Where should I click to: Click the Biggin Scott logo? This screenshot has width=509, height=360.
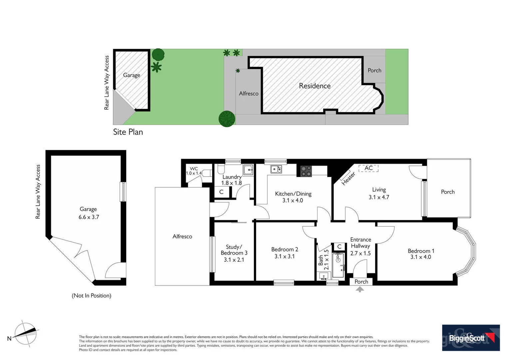pos(471,338)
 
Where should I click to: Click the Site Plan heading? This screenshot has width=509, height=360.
pos(128,132)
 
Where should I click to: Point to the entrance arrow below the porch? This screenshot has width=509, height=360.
pos(360,290)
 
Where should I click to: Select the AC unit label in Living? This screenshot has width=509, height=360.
pos(368,168)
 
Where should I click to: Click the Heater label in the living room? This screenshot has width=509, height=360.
pos(348,179)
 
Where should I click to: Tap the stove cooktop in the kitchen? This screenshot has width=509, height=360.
pos(306,171)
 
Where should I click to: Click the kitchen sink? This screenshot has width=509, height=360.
pos(276,169)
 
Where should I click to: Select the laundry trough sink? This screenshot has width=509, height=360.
pos(248,170)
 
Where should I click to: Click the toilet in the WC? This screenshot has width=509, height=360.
pos(207,173)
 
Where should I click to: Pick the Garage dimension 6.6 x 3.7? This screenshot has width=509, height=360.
pos(89,217)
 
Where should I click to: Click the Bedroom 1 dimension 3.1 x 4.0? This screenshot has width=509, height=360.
pos(420,257)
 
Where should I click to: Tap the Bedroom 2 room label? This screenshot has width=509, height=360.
pos(284,249)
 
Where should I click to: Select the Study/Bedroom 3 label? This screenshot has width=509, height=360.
pos(234,250)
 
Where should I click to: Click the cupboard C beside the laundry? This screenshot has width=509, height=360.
pos(221,192)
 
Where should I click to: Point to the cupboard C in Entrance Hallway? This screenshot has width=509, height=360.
pos(339,246)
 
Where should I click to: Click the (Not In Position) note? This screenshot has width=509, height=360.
pos(91,296)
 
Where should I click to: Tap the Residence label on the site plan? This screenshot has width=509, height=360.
pos(314,86)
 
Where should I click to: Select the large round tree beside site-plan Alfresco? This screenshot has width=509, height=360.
pos(227,119)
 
